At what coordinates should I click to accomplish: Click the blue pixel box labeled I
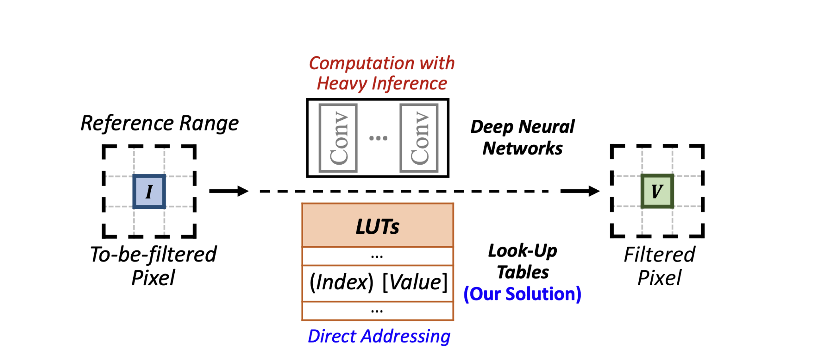(149, 191)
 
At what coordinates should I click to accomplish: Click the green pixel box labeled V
(657, 191)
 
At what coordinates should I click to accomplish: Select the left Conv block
(338, 138)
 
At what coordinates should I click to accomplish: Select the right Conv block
(419, 138)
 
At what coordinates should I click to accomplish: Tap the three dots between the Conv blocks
(378, 138)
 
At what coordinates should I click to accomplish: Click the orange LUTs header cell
(377, 226)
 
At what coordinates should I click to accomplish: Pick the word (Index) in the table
(341, 282)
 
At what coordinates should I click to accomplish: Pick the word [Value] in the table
(415, 282)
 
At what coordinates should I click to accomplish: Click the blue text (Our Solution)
(522, 294)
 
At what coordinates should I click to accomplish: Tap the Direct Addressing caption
(379, 337)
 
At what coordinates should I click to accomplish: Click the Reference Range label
(160, 123)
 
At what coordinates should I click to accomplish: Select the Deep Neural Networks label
(523, 138)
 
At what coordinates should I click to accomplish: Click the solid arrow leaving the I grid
(228, 191)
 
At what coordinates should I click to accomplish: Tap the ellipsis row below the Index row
(377, 311)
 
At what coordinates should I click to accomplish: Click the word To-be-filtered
(153, 255)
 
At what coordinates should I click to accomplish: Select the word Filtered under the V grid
(659, 255)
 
